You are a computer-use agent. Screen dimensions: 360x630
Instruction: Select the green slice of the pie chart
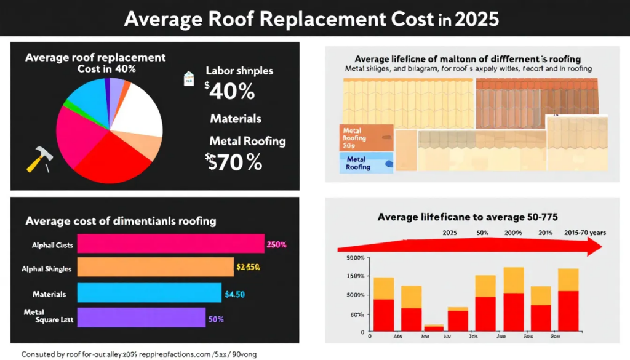pyautogui.click(x=66, y=105)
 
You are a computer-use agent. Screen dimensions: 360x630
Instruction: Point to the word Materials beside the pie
pyautogui.click(x=236, y=118)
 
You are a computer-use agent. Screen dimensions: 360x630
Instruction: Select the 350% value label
pyautogui.click(x=276, y=245)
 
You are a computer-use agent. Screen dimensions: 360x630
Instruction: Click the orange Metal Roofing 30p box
pyautogui.click(x=365, y=138)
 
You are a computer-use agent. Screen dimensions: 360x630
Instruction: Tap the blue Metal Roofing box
pyautogui.click(x=365, y=163)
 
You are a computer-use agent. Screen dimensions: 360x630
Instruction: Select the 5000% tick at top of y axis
pyautogui.click(x=356, y=258)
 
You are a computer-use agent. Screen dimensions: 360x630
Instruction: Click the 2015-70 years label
pyautogui.click(x=585, y=233)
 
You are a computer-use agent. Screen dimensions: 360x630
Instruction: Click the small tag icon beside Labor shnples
pyautogui.click(x=188, y=78)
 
